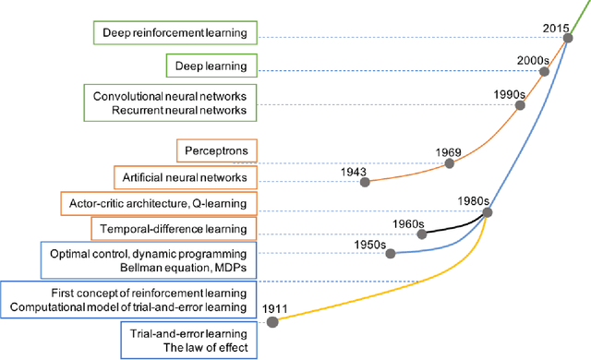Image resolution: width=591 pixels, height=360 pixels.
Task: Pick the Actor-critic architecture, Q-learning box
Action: pyautogui.click(x=157, y=201)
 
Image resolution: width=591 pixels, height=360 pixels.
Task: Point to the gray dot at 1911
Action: pyautogui.click(x=272, y=321)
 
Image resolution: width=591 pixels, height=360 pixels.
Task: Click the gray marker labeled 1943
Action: pyautogui.click(x=365, y=182)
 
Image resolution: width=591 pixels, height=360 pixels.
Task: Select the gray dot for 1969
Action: pyautogui.click(x=450, y=162)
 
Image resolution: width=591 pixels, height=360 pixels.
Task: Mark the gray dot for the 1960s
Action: pyautogui.click(x=422, y=234)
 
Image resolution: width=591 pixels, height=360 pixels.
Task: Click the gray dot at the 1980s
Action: pyautogui.click(x=487, y=212)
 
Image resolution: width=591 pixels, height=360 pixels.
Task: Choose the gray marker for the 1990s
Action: pyautogui.click(x=519, y=106)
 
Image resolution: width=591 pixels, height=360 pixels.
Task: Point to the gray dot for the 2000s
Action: pyautogui.click(x=540, y=73)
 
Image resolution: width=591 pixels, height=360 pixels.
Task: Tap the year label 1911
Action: pyautogui.click(x=275, y=306)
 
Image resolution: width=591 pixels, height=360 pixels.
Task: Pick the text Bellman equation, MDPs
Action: pyautogui.click(x=162, y=266)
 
